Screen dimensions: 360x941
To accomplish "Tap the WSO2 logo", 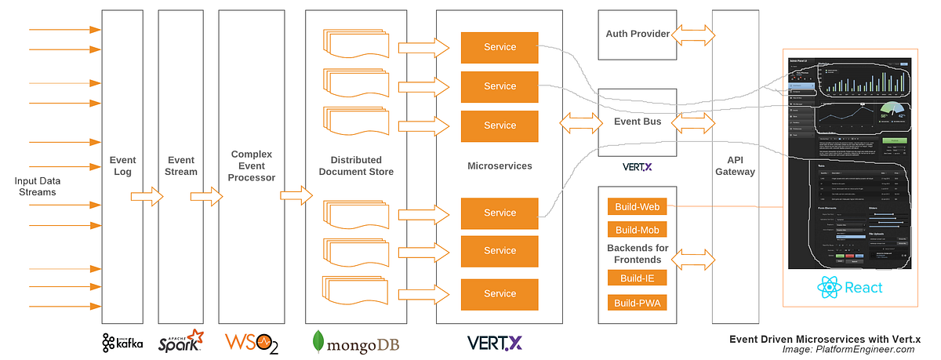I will click(251, 341).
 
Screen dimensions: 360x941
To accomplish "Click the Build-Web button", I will click(637, 207).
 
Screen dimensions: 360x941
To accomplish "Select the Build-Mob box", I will click(637, 230).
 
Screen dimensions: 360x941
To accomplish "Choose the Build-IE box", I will click(637, 278).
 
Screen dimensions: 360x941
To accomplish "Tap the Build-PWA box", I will click(637, 303).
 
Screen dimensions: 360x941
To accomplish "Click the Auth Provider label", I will click(637, 35).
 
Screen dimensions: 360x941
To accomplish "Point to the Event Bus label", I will click(637, 122).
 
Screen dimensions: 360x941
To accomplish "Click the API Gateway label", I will click(736, 165).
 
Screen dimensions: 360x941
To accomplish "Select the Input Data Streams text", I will click(37, 187).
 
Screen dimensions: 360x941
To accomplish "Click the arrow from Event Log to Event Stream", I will click(146, 195).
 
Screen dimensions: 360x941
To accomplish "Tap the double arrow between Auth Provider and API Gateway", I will click(693, 34).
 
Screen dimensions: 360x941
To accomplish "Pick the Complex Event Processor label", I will click(251, 165).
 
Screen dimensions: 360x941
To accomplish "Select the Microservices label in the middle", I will click(500, 165).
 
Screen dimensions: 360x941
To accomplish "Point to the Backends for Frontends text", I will click(637, 254).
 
